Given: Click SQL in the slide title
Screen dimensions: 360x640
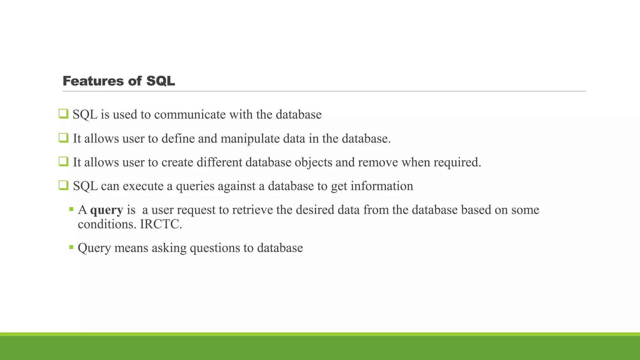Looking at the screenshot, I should pos(160,81).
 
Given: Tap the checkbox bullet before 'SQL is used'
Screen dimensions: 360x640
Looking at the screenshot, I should pos(63,114).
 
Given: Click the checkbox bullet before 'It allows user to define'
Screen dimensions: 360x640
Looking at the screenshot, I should pos(63,138).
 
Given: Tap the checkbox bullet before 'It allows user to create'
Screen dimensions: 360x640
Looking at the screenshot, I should pos(63,162).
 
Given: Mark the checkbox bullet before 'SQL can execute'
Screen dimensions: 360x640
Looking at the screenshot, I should pos(63,185).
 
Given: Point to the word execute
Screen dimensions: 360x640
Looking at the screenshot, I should pos(143,186).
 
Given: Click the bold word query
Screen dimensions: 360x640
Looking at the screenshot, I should pos(107,210).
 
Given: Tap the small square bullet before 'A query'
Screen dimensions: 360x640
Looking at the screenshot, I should pos(71,209).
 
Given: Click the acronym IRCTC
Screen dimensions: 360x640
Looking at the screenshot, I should pos(161,224).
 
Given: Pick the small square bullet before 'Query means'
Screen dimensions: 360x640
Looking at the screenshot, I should pos(71,247).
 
